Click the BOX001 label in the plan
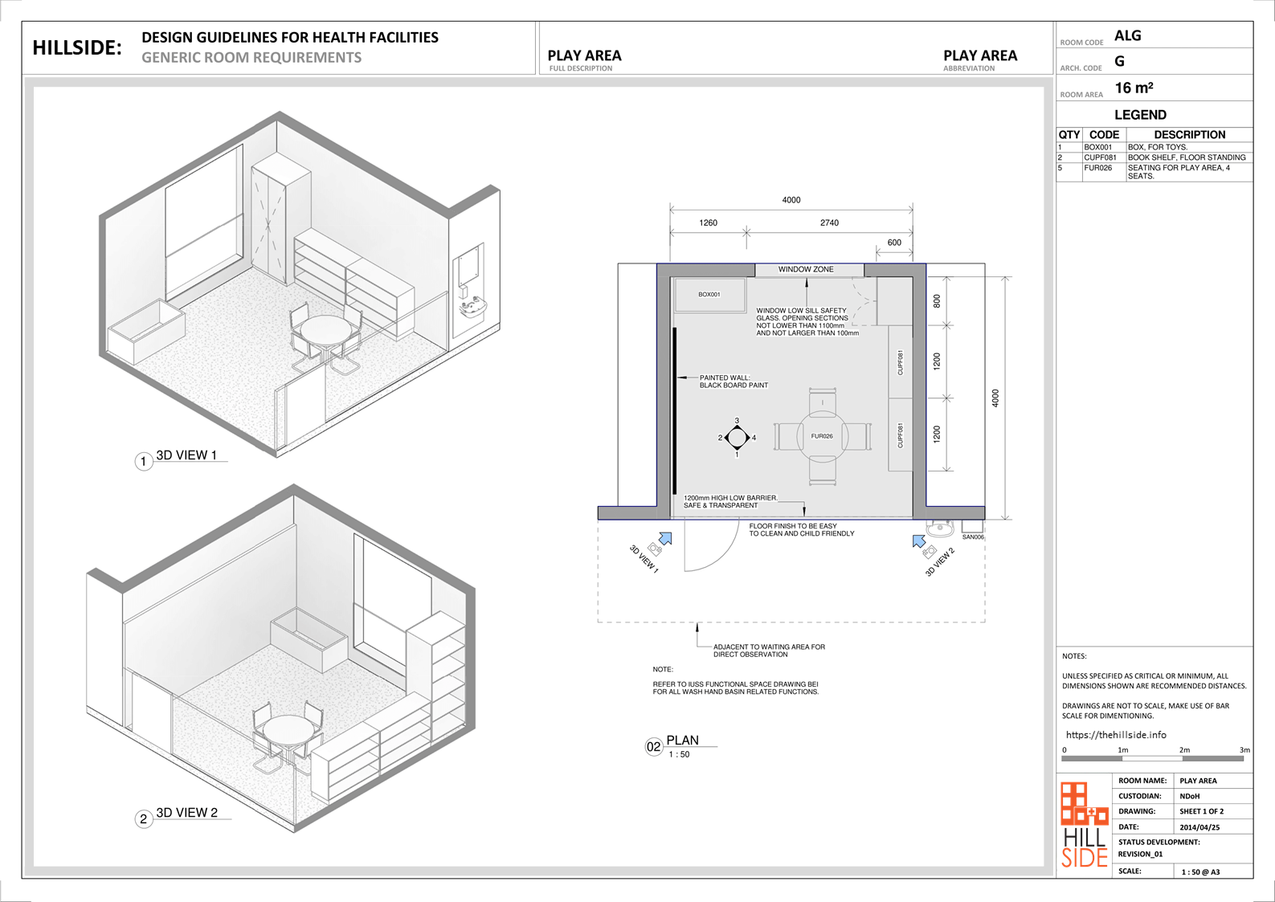click(709, 294)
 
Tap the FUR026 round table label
click(822, 436)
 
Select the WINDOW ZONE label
click(806, 269)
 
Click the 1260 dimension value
click(708, 222)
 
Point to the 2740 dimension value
click(829, 222)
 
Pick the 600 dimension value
click(894, 243)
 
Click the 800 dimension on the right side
click(937, 301)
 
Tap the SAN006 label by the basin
click(973, 537)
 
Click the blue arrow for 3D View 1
click(665, 538)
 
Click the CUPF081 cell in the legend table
click(1100, 157)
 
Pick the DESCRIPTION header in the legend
click(1190, 135)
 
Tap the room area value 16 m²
click(1134, 88)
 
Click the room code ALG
click(1128, 36)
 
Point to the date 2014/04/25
click(1199, 827)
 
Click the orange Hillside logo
click(1085, 824)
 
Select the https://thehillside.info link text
click(1116, 735)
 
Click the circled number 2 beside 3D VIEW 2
click(144, 819)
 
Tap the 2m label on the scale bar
click(1184, 750)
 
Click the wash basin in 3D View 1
click(472, 308)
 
